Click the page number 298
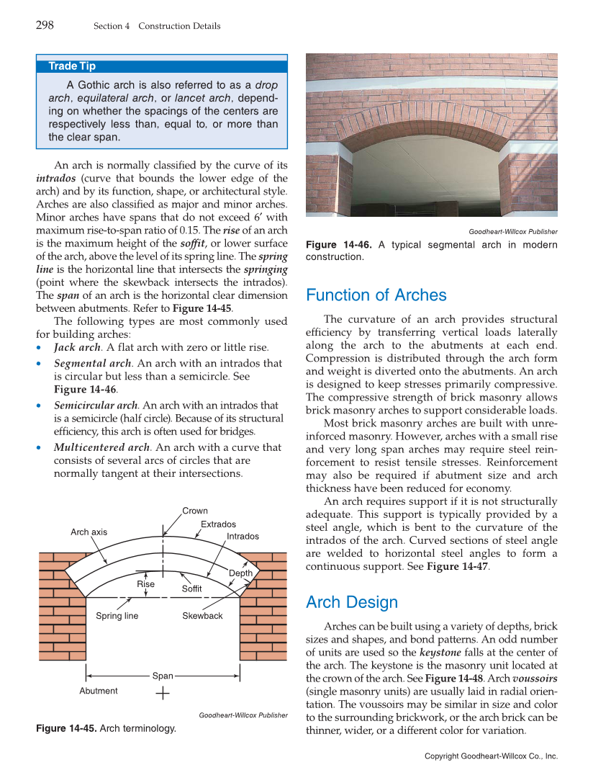pos(45,26)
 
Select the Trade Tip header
pos(72,66)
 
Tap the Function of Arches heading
pos(376,295)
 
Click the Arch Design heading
pos(351,602)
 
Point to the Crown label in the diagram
pos(195,511)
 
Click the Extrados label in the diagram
pos(218,524)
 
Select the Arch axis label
pos(89,532)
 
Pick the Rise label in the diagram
pos(146,584)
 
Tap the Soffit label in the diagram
pos(191,589)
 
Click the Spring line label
pos(117,616)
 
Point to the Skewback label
pos(202,616)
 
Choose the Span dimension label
pos(163,676)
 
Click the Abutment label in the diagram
pos(99,691)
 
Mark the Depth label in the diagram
pos(240,573)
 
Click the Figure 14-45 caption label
pos(66,729)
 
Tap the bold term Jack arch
pos(78,347)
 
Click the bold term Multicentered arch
pos(101,447)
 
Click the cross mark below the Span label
pos(163,694)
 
